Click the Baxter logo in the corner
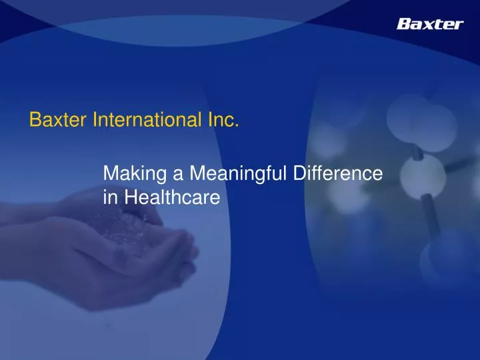[429, 24]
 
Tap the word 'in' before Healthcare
[110, 197]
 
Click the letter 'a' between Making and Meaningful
[177, 176]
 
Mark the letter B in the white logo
[404, 24]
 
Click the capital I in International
[93, 121]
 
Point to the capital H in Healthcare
[129, 197]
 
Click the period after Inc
[237, 125]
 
